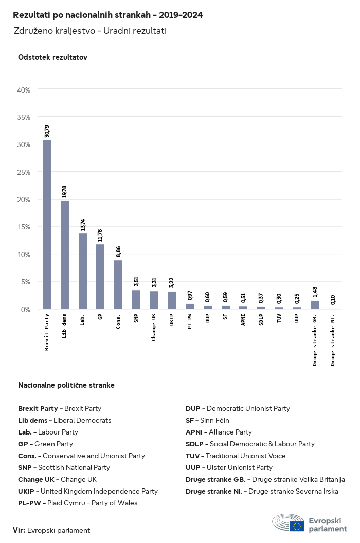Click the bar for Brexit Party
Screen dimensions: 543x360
click(47, 224)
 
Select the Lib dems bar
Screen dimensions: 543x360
click(65, 255)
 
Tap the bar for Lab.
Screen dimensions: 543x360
click(83, 271)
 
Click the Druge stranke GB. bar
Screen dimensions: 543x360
click(315, 305)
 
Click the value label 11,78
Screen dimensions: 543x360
click(100, 235)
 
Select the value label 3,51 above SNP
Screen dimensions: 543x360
click(136, 282)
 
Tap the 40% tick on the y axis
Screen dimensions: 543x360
click(24, 90)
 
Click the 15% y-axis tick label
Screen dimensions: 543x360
click(24, 227)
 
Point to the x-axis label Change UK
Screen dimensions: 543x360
click(154, 327)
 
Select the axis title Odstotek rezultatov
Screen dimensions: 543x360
click(52, 57)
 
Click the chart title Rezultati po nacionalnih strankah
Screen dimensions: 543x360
click(107, 15)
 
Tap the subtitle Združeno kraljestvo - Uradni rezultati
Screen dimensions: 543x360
click(90, 31)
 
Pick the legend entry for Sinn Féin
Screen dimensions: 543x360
click(207, 420)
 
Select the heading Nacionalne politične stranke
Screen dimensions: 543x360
click(66, 385)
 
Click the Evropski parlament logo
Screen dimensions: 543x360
click(310, 522)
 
